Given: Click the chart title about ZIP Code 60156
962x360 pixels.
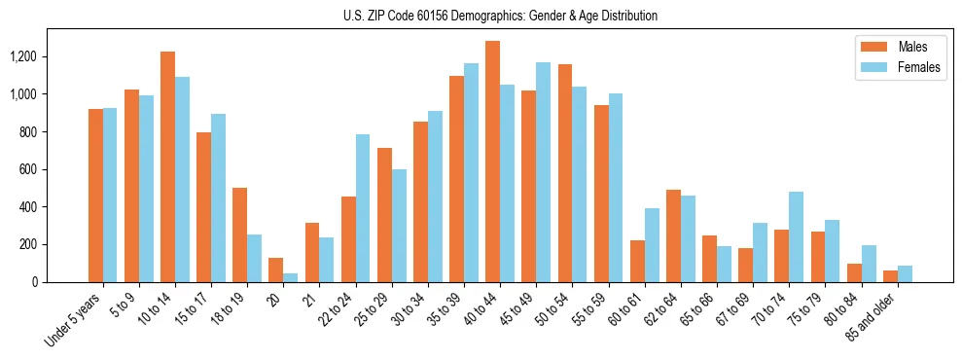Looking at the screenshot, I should click(x=500, y=16).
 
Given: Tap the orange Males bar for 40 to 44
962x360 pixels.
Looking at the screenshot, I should click(x=492, y=162).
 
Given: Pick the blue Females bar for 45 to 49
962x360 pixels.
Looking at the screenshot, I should click(x=543, y=172).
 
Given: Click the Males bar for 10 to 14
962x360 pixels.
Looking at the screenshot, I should click(x=167, y=166).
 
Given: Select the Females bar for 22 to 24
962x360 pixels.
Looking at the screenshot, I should click(x=363, y=208).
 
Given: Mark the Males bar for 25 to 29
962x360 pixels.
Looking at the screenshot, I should click(x=384, y=215).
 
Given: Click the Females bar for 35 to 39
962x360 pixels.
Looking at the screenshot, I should click(x=471, y=172).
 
